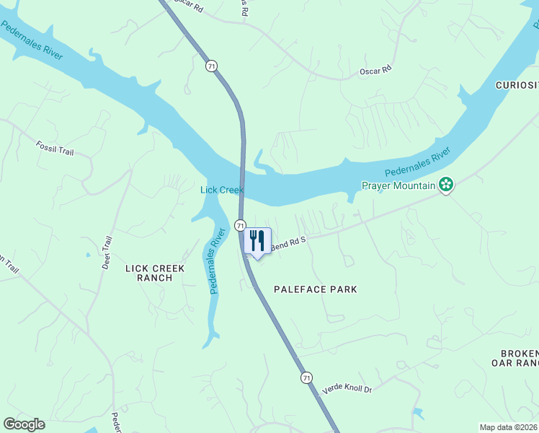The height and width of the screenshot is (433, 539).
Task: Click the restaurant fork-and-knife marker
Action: [x=257, y=241]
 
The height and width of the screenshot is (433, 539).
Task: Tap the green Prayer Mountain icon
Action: [x=447, y=185]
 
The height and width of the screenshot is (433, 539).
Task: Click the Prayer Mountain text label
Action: [x=398, y=186]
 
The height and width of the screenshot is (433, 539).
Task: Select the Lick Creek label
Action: [x=221, y=190]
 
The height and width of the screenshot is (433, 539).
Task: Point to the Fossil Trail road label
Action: [x=55, y=148]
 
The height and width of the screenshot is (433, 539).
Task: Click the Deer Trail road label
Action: [x=106, y=253]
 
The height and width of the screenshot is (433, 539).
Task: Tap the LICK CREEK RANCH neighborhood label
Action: [x=155, y=273]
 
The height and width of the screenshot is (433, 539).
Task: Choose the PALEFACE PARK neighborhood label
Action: [x=316, y=289]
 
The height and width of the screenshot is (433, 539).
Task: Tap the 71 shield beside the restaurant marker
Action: [x=240, y=226]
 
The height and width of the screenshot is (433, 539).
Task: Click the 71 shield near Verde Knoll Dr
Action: [x=307, y=377]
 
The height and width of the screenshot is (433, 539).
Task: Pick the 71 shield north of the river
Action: [x=210, y=66]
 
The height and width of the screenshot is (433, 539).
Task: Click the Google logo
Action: [x=24, y=424]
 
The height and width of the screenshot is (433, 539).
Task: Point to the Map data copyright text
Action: [x=508, y=427]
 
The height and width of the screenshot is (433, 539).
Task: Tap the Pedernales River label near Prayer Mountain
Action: [x=417, y=162]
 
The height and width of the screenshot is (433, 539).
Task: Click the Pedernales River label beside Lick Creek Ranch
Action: [x=217, y=261]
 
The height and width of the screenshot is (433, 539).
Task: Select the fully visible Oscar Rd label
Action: [x=375, y=71]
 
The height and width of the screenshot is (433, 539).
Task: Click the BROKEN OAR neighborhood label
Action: [x=520, y=358]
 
